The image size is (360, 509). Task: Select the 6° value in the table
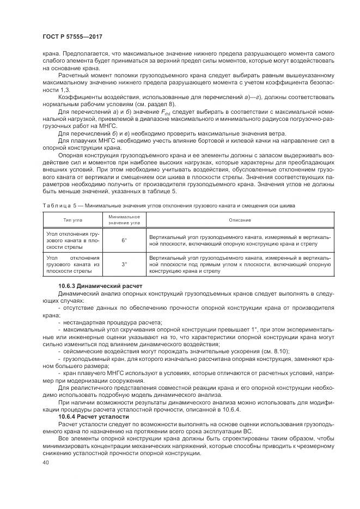124,240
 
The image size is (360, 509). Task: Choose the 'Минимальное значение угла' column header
124,220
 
